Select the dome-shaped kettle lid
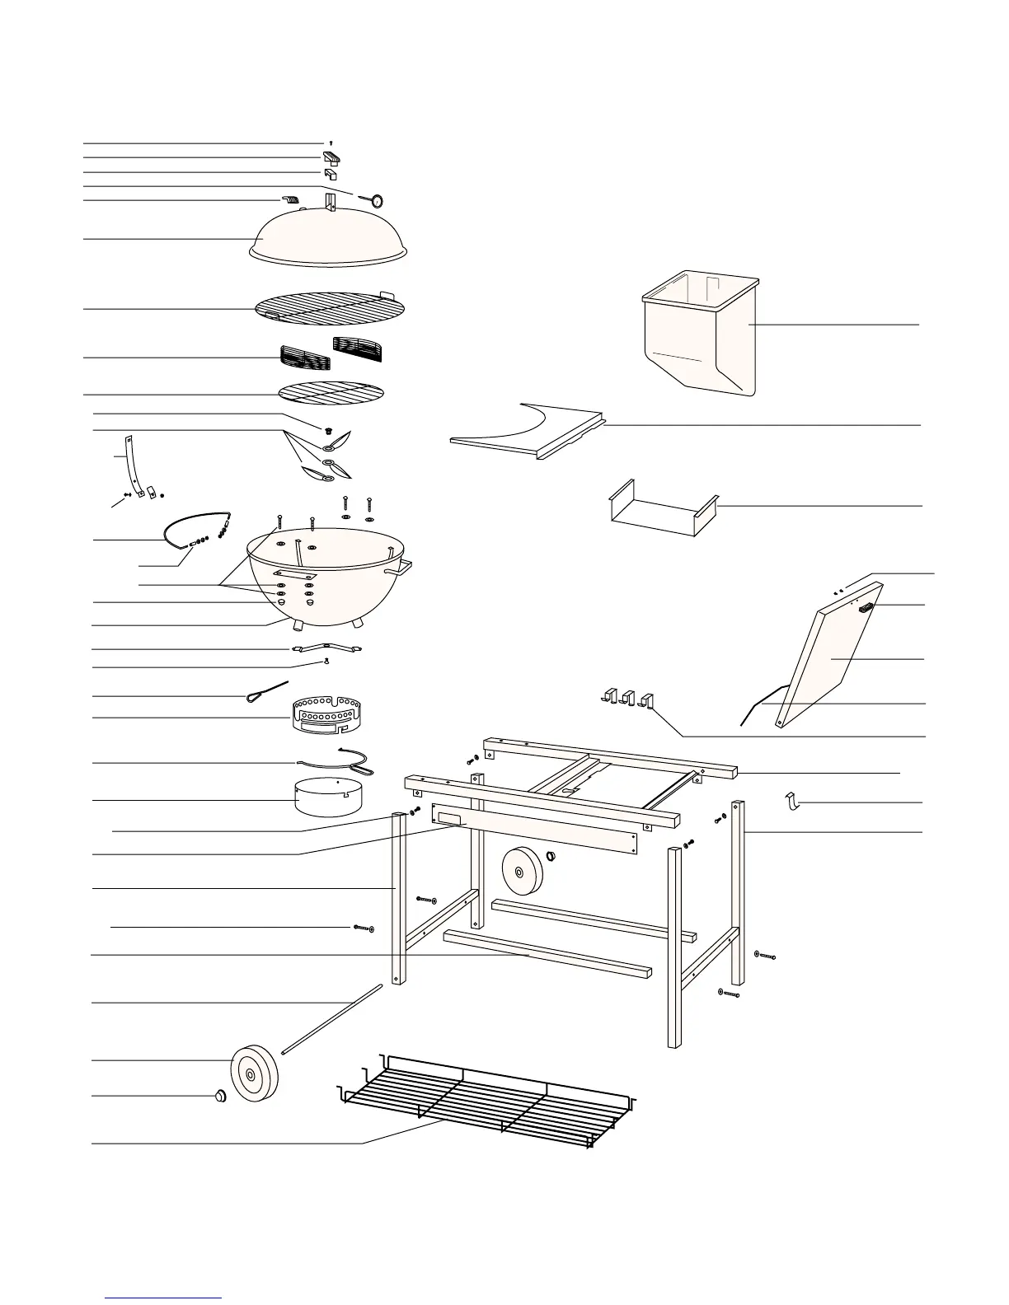[328, 235]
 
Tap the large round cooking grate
[330, 308]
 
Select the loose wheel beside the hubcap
[253, 1073]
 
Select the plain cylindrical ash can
[330, 794]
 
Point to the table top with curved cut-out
[528, 432]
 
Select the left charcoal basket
[304, 358]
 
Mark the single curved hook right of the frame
[792, 800]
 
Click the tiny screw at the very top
[331, 143]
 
